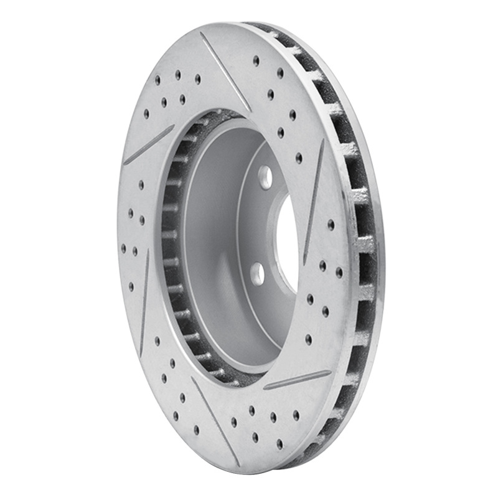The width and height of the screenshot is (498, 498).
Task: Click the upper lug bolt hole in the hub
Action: [266, 177]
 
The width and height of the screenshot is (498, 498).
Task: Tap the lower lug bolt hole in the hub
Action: [258, 273]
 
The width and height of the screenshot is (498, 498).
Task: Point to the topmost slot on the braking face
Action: [225, 72]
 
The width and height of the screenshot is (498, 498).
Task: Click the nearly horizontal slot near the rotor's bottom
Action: [298, 380]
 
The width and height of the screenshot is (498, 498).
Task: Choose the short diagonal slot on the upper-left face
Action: [149, 145]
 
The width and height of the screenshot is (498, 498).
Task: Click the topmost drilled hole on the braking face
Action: [256, 60]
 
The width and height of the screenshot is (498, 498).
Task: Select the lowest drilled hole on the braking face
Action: [280, 443]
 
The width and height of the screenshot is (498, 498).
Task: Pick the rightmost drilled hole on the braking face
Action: [339, 272]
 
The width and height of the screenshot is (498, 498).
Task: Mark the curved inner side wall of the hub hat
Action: [212, 249]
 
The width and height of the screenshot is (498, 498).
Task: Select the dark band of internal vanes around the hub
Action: [171, 249]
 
